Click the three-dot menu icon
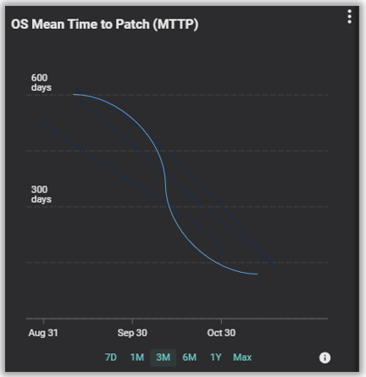[x=350, y=17]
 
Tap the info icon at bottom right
[x=324, y=358]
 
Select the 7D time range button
[x=111, y=358]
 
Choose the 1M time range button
[x=137, y=358]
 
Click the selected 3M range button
[x=164, y=358]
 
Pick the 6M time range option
[x=189, y=358]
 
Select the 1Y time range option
[x=216, y=358]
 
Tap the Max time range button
[x=242, y=358]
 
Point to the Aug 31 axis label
[x=43, y=333]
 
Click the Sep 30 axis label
[x=132, y=333]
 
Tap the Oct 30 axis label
[x=221, y=333]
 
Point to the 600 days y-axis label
[x=42, y=82]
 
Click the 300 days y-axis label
[x=42, y=194]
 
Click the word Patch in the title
[x=132, y=25]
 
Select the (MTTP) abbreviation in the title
[x=175, y=25]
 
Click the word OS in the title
[x=19, y=25]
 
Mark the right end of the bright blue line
[x=258, y=274]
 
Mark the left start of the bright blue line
[x=74, y=94]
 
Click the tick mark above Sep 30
[x=132, y=321]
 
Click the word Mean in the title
[x=48, y=25]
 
